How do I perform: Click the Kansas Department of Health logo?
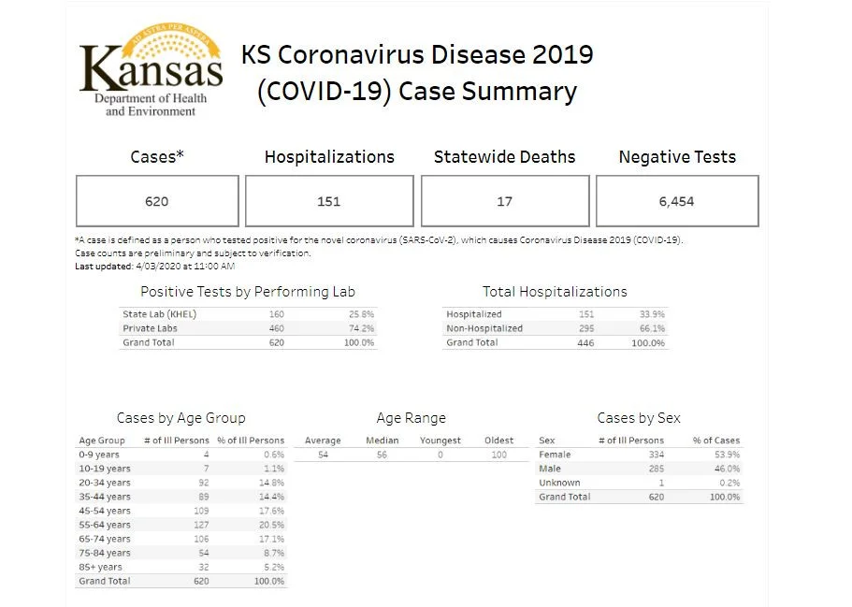point(152,70)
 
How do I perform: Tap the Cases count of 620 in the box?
point(156,202)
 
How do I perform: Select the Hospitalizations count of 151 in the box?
point(329,202)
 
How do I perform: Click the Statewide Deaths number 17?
point(504,202)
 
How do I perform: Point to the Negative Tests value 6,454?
point(676,202)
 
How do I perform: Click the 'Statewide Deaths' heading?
point(504,157)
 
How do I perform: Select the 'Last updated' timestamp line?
point(155,267)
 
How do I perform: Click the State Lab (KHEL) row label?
point(159,314)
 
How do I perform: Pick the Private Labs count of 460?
point(277,328)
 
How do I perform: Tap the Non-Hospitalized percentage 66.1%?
point(652,328)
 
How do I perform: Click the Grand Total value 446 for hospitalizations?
point(585,343)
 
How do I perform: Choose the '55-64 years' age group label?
point(105,525)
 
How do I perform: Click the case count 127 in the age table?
point(201,525)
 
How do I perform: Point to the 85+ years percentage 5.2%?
point(274,568)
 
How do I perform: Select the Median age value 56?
point(382,455)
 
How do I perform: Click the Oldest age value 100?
point(498,455)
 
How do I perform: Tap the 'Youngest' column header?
point(440,441)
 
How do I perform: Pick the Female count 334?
point(657,455)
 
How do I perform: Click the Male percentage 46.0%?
point(727,469)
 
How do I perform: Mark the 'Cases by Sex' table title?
point(639,418)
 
